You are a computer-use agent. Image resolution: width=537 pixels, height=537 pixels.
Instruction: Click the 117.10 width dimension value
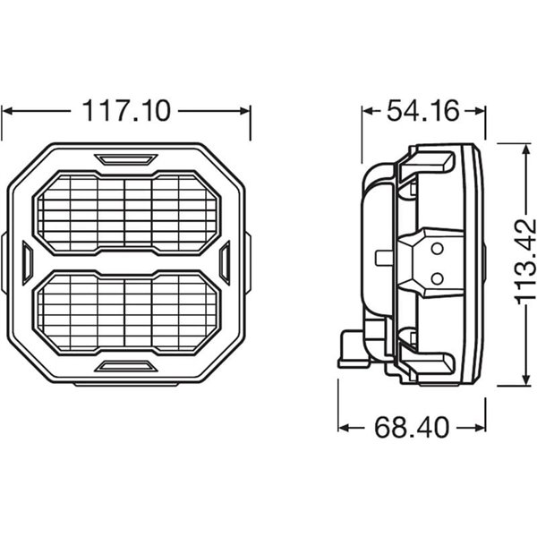pyautogui.click(x=126, y=111)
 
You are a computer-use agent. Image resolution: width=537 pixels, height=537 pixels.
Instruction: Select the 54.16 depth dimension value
pyautogui.click(x=422, y=111)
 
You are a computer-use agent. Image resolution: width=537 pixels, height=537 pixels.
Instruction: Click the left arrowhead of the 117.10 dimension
pyautogui.click(x=9, y=111)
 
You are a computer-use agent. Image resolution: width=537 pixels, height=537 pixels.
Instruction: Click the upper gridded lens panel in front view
pyautogui.click(x=126, y=211)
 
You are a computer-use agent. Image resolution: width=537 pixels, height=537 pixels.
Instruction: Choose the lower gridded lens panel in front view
pyautogui.click(x=126, y=313)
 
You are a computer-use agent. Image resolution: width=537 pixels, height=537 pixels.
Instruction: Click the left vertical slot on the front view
pyautogui.click(x=27, y=262)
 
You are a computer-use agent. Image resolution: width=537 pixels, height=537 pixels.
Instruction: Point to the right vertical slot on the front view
pyautogui.click(x=226, y=262)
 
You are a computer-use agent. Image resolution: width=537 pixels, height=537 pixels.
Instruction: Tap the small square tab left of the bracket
pyautogui.click(x=383, y=259)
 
